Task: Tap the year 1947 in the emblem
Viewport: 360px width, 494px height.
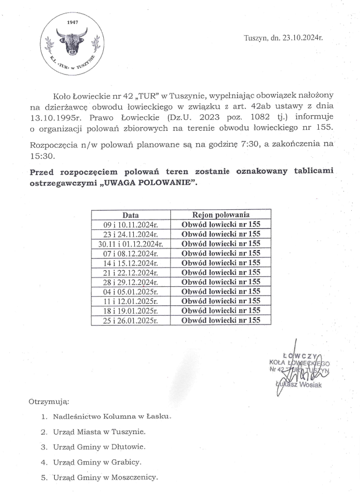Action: coord(72,22)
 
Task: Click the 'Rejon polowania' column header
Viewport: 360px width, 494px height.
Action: coord(221,214)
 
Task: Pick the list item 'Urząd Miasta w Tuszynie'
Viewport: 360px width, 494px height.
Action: coord(99,431)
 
